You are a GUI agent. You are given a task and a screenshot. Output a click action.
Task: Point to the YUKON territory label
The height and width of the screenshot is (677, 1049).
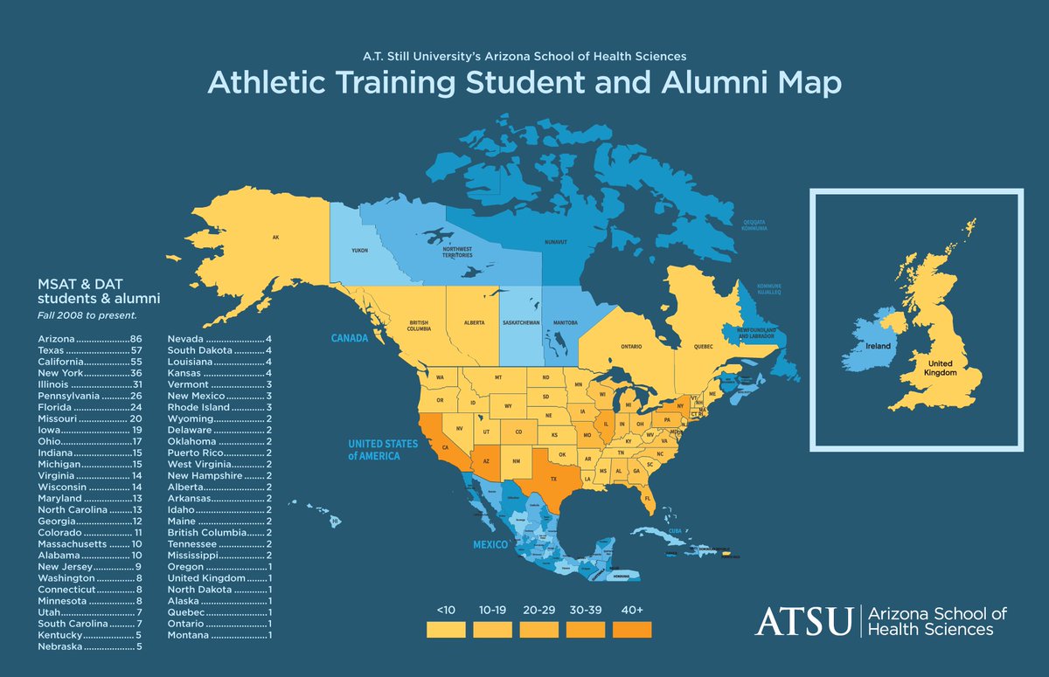pyautogui.click(x=360, y=250)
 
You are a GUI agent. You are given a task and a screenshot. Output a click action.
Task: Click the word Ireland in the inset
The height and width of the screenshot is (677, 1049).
pyautogui.click(x=878, y=347)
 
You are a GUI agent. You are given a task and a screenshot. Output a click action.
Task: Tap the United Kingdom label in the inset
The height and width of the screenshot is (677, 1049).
pyautogui.click(x=941, y=367)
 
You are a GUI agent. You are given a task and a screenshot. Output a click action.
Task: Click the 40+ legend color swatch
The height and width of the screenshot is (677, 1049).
pyautogui.click(x=632, y=629)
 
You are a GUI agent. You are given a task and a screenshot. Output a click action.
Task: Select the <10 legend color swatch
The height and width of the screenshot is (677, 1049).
pyautogui.click(x=446, y=629)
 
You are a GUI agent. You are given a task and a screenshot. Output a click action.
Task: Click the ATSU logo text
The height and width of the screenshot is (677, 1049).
pyautogui.click(x=803, y=621)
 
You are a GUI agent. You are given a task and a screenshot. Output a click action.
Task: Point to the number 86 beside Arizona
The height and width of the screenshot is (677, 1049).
pyautogui.click(x=135, y=338)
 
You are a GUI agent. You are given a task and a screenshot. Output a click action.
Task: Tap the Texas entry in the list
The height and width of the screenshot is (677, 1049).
pyautogui.click(x=52, y=349)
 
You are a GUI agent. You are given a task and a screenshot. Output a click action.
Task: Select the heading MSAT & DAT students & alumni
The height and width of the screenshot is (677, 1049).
pyautogui.click(x=98, y=292)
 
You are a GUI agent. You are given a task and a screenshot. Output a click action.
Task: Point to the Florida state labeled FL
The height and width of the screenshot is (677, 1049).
pyautogui.click(x=649, y=500)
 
